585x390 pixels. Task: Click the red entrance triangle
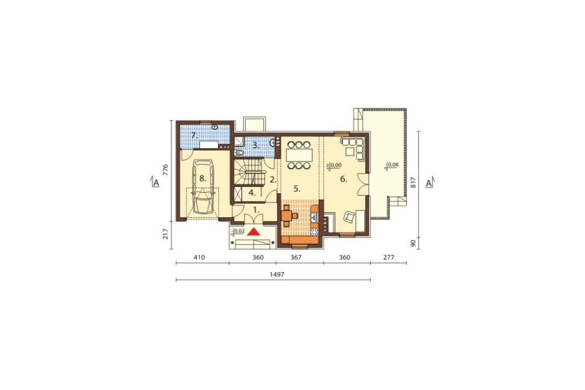[254, 232]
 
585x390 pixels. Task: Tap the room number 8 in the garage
[202, 179]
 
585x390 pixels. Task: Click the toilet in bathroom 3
[239, 153]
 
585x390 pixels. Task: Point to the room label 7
[194, 136]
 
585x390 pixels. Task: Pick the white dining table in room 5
[298, 155]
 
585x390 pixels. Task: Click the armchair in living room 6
[349, 217]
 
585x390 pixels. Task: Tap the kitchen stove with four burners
[314, 232]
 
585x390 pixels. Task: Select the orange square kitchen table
[287, 215]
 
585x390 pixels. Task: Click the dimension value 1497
[277, 275]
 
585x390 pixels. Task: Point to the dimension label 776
[166, 170]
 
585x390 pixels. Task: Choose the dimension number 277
[389, 258]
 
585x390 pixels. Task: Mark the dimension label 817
[413, 182]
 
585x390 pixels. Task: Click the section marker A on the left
[156, 183]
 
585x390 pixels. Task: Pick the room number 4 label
[252, 193]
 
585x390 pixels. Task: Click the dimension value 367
[296, 258]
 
